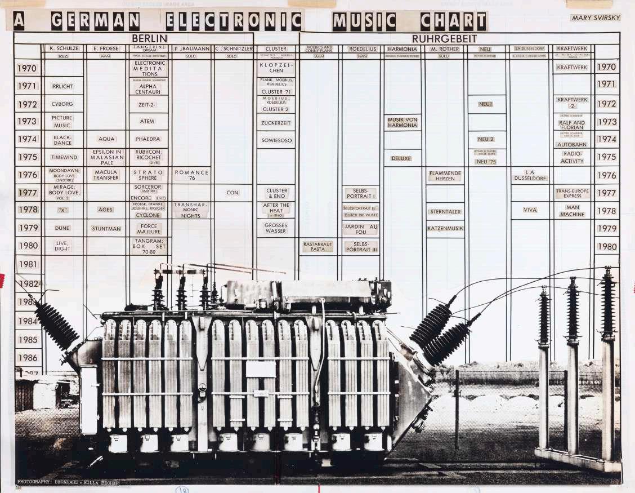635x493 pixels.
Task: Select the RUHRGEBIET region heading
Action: click(444, 39)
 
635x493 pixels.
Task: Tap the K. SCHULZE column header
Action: click(62, 48)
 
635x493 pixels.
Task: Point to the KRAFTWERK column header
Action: click(571, 48)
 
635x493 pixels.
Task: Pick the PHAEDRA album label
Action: click(148, 139)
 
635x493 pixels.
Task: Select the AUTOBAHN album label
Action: click(571, 144)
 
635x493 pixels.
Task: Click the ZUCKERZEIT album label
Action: click(275, 121)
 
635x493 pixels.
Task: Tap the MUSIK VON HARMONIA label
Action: click(402, 122)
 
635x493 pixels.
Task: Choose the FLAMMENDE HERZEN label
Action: click(445, 175)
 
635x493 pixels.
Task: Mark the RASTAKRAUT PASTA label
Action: click(317, 246)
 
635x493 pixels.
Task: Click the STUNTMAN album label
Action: click(106, 229)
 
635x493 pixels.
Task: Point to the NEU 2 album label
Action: click(485, 139)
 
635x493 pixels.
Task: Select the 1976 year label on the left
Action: click(28, 175)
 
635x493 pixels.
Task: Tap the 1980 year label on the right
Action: click(607, 247)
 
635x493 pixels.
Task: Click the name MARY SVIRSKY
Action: click(595, 17)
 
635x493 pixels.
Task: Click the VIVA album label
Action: click(530, 210)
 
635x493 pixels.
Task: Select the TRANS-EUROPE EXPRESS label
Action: click(572, 193)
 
